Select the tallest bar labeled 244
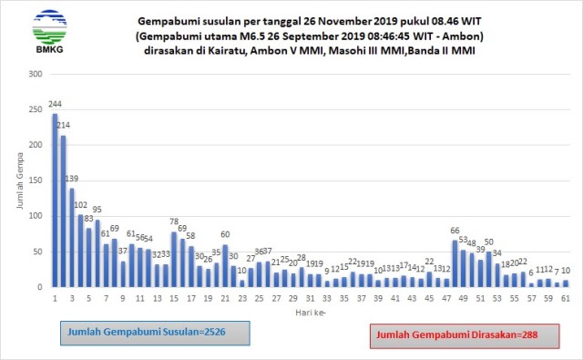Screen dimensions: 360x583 coord(55,201)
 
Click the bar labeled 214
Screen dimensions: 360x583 coord(63,211)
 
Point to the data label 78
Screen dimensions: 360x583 coord(173,222)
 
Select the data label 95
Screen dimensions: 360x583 coord(97,210)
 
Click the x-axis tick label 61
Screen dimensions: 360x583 coord(565,298)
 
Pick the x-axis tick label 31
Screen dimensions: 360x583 coord(310,298)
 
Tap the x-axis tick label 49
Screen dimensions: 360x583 coord(463,298)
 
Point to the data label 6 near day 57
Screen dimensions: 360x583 coord(530,273)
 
